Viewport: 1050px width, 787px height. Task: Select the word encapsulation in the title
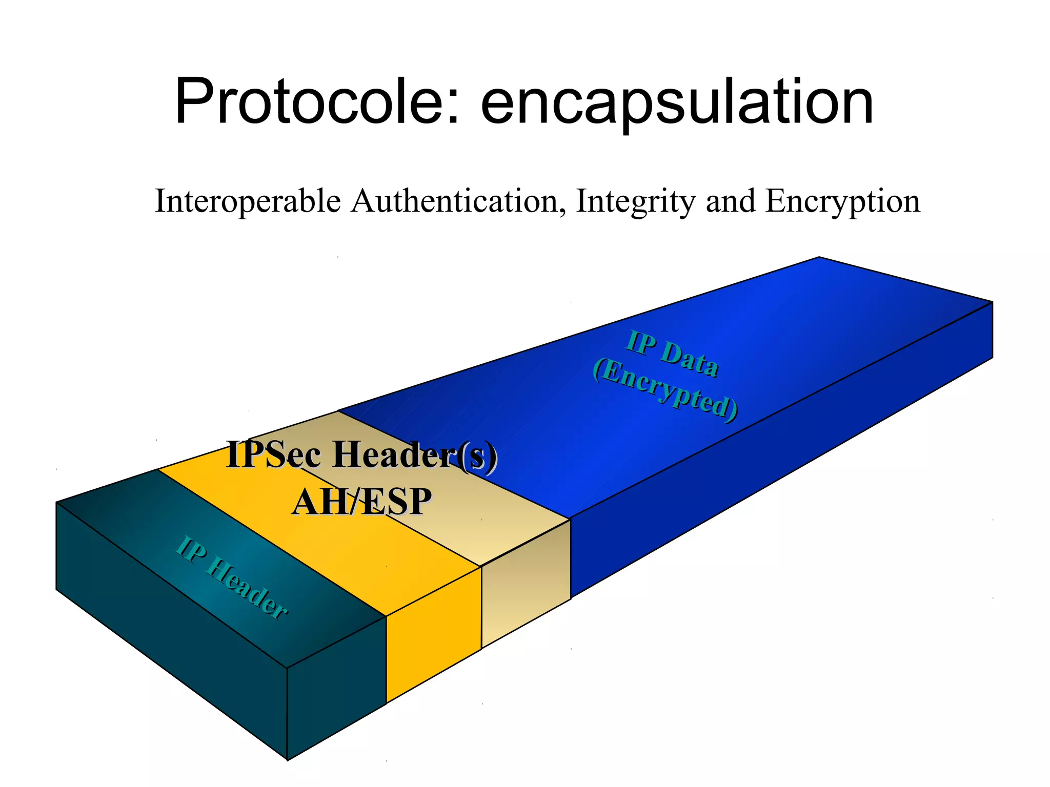coord(677,102)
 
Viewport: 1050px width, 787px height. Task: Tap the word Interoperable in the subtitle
coord(248,201)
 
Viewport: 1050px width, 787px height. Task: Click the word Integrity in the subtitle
coord(635,201)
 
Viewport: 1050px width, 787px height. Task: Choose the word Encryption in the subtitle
coord(842,201)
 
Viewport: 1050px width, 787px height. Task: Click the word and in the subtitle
coord(730,201)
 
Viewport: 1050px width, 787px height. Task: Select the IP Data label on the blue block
coord(672,354)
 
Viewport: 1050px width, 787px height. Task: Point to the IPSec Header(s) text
coord(361,454)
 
